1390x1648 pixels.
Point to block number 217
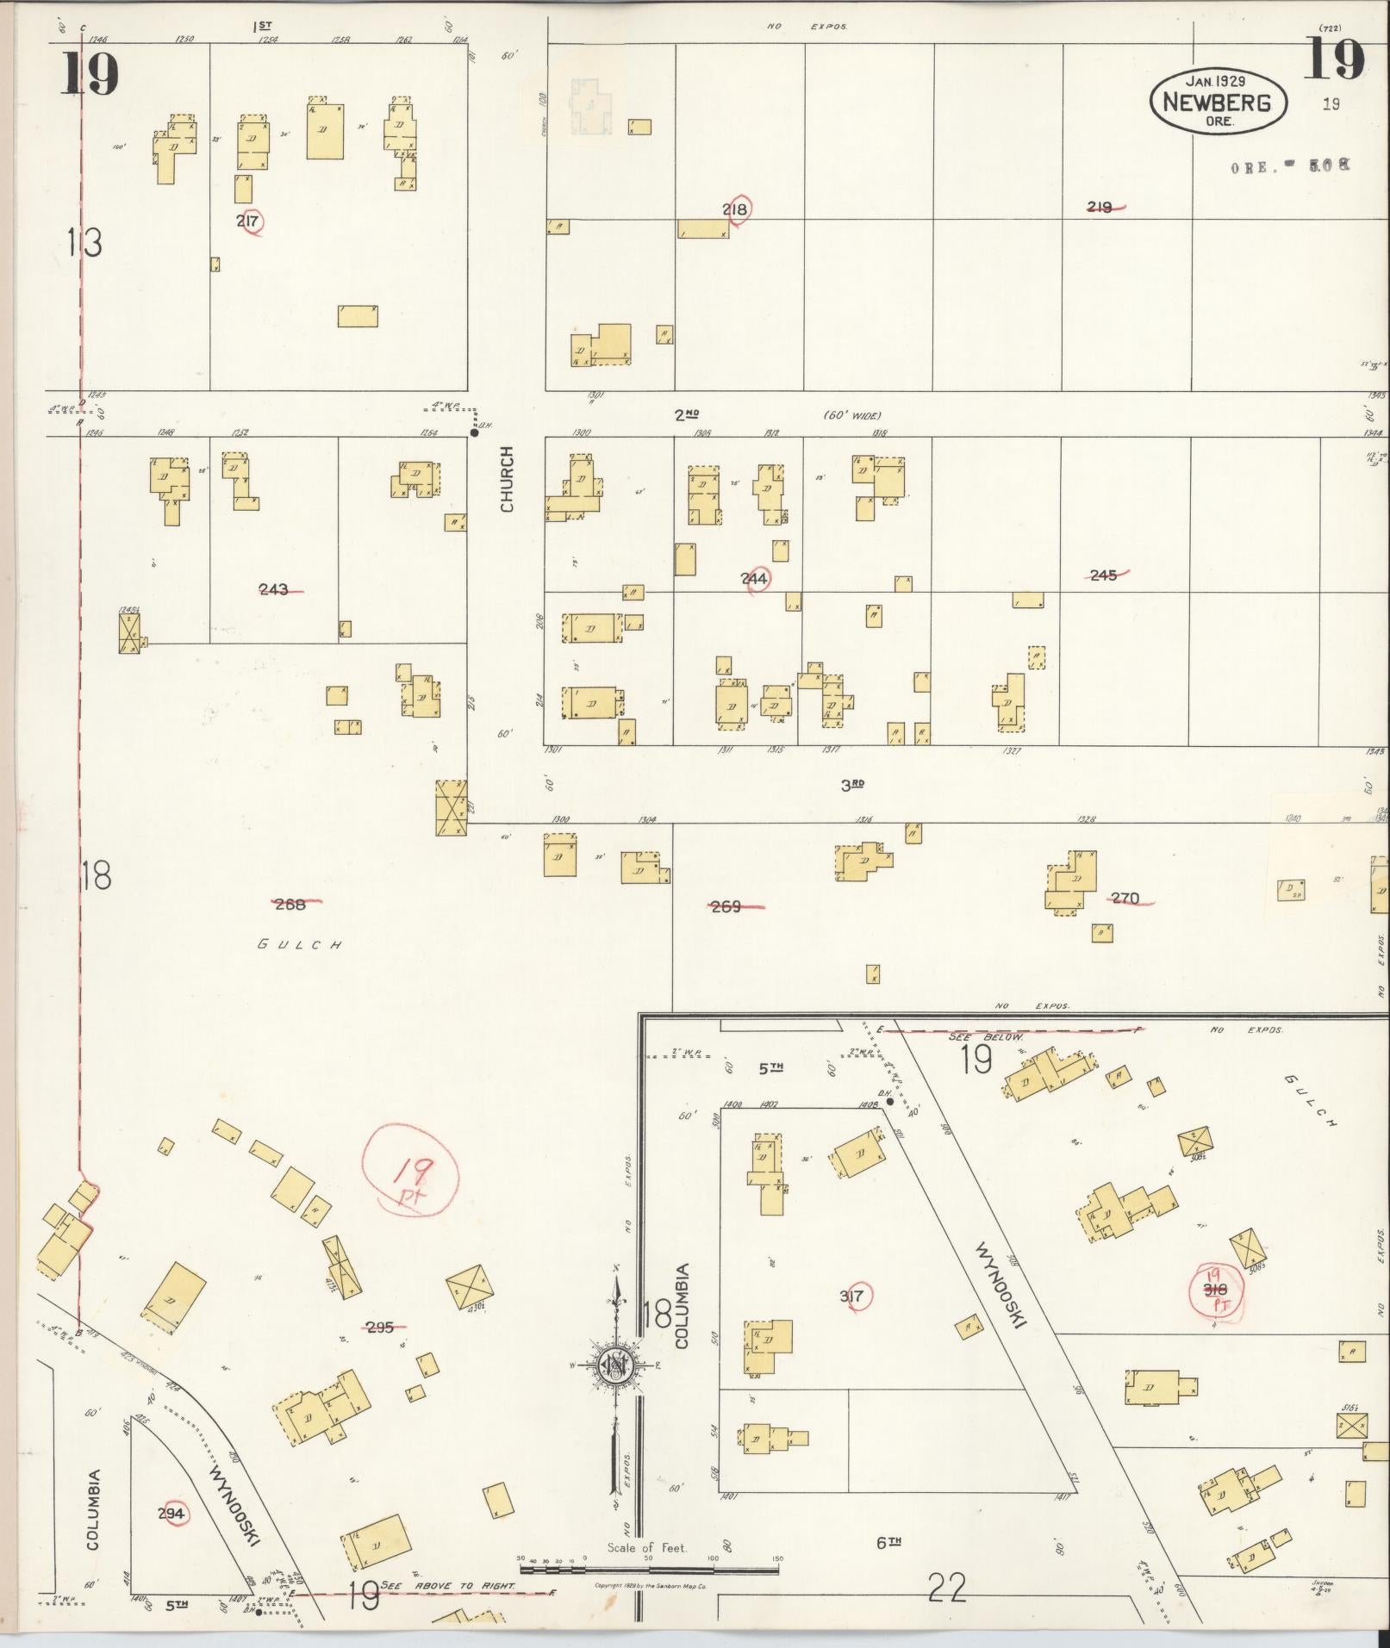tap(248, 221)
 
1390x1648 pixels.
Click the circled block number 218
tap(735, 209)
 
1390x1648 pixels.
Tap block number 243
tap(274, 589)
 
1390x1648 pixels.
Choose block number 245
tap(1103, 575)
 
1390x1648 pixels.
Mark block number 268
tap(290, 904)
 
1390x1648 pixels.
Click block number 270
tap(1125, 899)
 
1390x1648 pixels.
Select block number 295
tap(379, 1328)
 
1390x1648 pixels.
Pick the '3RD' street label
tap(851, 785)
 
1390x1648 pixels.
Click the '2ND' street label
tap(686, 415)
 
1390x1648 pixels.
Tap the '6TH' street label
tap(888, 1543)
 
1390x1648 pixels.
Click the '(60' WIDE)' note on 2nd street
tap(851, 416)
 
